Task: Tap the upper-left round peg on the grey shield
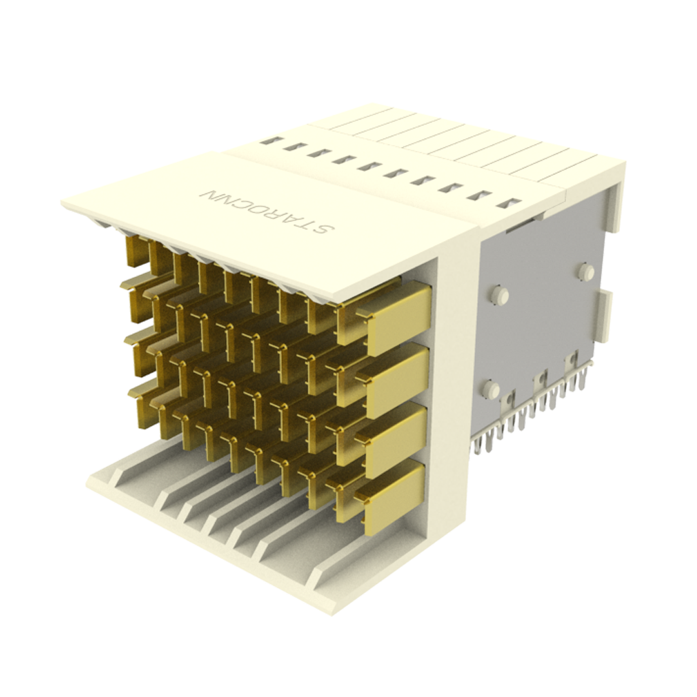(500, 295)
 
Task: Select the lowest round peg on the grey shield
(491, 390)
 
